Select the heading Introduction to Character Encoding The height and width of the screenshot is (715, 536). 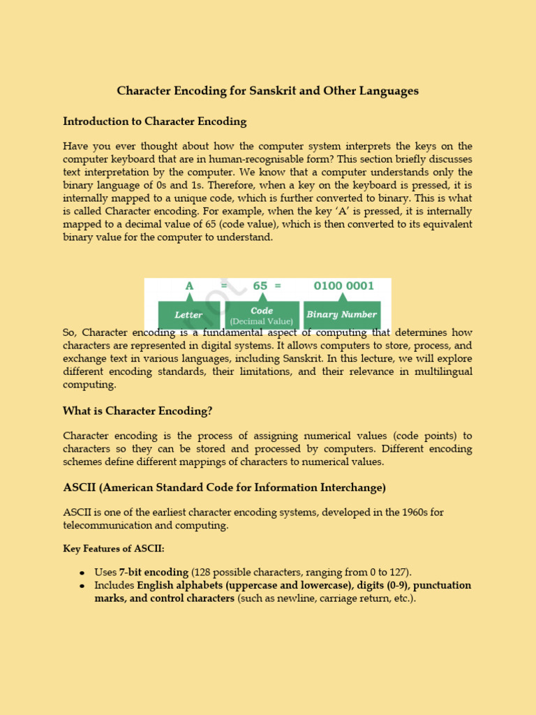point(154,121)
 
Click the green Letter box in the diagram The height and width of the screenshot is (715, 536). point(188,315)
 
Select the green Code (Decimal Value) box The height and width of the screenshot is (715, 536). point(262,315)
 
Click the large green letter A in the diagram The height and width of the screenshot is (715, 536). point(189,286)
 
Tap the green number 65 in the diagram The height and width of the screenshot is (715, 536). point(260,286)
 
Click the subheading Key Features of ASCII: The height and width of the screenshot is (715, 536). point(114,549)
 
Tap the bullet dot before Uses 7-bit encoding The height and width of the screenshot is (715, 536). point(82,573)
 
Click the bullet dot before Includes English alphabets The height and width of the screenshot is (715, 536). point(82,586)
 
